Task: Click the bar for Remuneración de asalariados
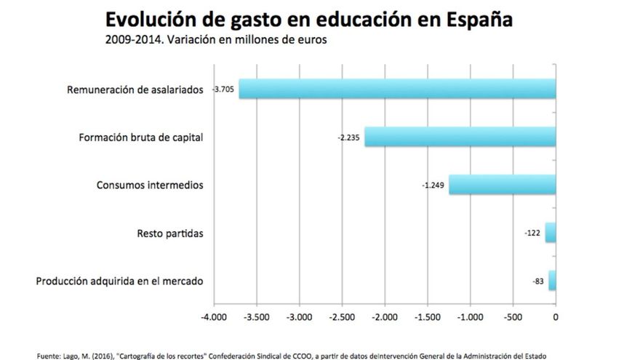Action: (397, 89)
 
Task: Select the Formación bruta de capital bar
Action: (460, 137)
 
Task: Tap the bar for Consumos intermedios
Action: (502, 185)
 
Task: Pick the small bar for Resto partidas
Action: (551, 233)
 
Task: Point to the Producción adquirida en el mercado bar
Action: (552, 281)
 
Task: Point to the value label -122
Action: (532, 233)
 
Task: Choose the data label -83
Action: (538, 281)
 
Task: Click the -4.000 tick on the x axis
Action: (214, 317)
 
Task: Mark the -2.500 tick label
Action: (342, 317)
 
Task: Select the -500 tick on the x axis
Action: (513, 317)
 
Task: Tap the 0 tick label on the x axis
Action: (556, 317)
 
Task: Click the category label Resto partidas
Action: (169, 233)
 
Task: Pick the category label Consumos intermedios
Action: (150, 185)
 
